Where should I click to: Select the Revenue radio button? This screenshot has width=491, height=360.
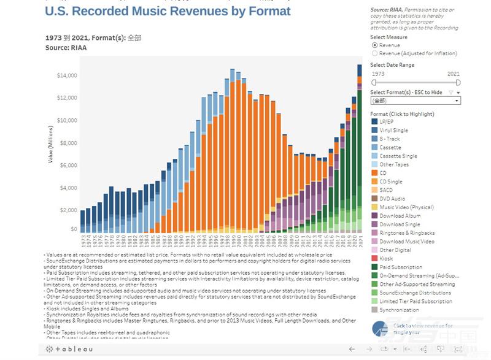[374, 45]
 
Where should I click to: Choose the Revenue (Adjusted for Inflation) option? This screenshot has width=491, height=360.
[374, 53]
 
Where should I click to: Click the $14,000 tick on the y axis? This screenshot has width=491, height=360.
[67, 76]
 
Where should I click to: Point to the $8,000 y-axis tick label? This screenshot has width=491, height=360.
[68, 143]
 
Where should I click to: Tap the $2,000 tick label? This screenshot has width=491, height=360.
[68, 210]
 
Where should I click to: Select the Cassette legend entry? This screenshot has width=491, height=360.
[390, 148]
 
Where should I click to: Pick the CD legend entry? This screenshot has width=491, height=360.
[384, 173]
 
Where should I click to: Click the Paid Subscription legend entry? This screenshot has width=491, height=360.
[400, 267]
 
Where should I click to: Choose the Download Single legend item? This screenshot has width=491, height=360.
[400, 224]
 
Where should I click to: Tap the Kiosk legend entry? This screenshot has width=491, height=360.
[386, 259]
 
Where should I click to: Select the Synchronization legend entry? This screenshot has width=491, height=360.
[399, 310]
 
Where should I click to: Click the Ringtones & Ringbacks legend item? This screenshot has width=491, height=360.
[407, 233]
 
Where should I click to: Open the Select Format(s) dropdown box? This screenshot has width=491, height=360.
[416, 100]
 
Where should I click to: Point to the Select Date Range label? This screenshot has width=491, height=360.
[392, 65]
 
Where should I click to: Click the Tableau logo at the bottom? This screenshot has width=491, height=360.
[69, 349]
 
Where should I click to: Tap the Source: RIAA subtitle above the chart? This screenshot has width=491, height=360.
[66, 47]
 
